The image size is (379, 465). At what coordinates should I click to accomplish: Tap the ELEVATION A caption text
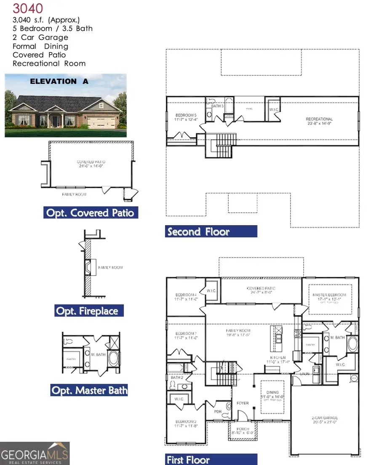[x=59, y=82]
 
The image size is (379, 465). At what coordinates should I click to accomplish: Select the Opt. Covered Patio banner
[x=91, y=213]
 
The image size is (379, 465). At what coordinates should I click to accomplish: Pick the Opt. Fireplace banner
[x=89, y=311]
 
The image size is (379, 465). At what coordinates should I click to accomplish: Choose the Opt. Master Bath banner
[x=89, y=390]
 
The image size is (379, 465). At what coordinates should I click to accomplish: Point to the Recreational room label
[x=319, y=120]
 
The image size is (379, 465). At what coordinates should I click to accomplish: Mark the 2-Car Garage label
[x=325, y=418]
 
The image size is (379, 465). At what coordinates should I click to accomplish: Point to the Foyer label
[x=243, y=403]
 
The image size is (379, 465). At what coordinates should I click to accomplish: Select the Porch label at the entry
[x=240, y=429]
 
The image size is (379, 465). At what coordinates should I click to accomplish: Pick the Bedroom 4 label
[x=186, y=295]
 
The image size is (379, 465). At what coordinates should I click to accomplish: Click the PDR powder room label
[x=218, y=411]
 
